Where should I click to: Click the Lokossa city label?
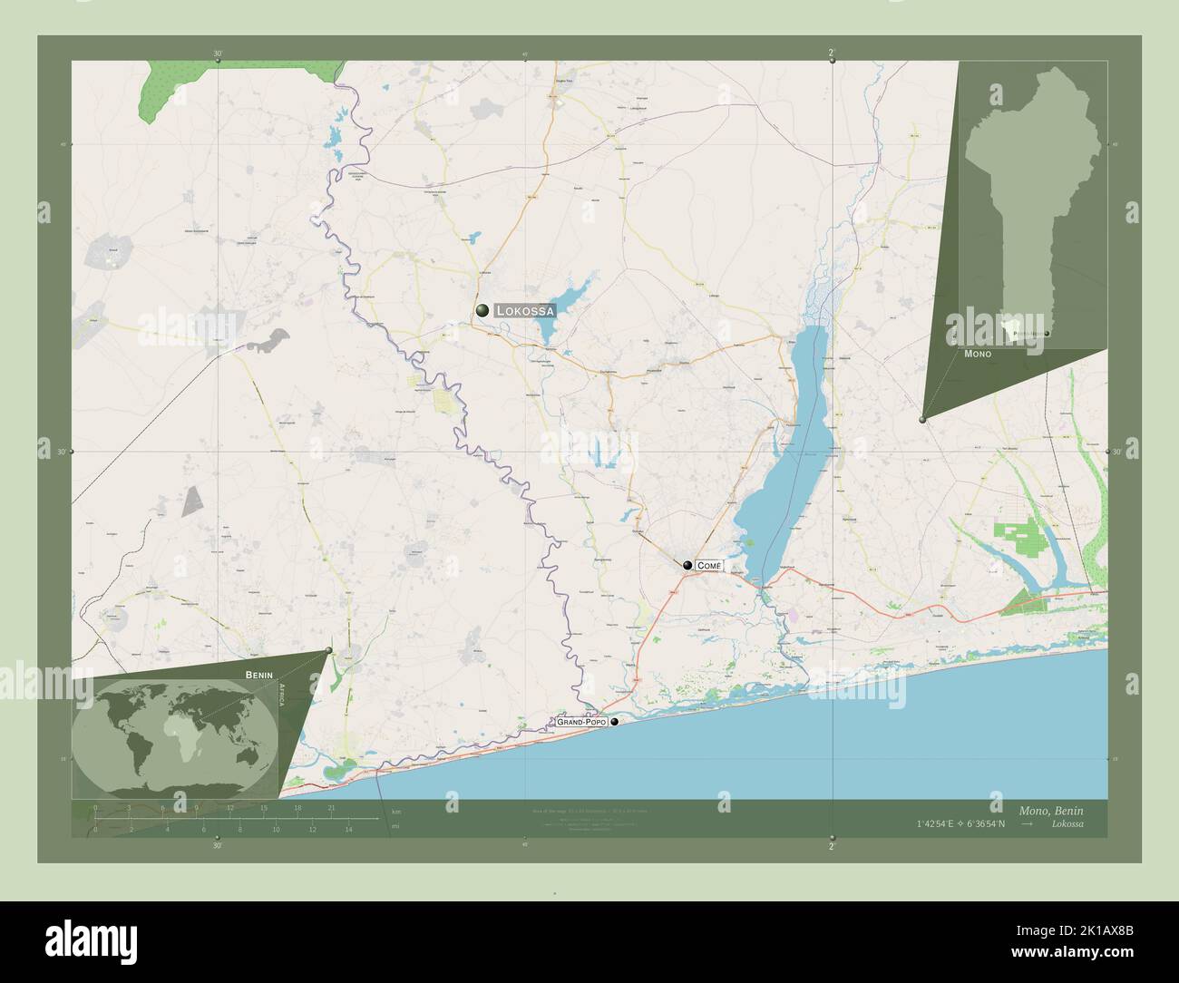coord(525,310)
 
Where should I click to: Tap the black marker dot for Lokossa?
coord(482,310)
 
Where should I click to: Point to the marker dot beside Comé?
coord(688,565)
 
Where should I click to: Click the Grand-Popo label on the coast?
coord(580,722)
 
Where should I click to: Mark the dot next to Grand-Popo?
coord(616,722)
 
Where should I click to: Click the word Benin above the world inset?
coord(258,675)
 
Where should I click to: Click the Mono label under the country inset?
coord(978,354)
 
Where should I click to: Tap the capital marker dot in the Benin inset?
coord(1047,335)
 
